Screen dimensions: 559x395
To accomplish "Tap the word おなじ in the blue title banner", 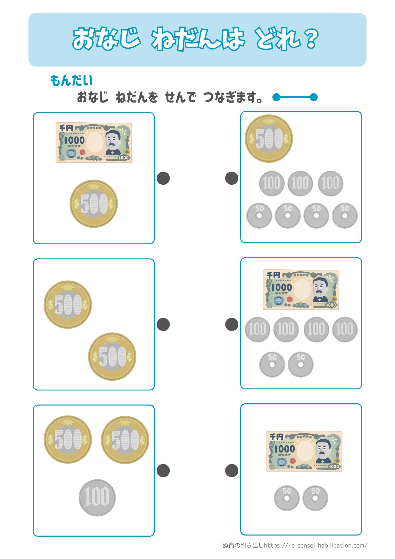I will pos(106,39).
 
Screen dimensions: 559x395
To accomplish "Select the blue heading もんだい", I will pos(71,80).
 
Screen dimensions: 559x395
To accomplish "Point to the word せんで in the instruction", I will pos(180,98).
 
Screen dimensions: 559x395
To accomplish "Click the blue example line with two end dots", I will pos(295,97).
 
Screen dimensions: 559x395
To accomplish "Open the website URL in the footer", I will pos(315,545).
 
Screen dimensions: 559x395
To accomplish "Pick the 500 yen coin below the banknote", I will pos(94,203).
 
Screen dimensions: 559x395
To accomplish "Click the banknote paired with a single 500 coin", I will pos(94,143).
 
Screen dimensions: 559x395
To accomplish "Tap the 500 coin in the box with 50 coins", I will pos(269,139).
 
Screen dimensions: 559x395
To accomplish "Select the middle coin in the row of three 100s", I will pos(300,183).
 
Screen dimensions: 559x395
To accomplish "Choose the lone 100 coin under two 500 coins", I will pos(97,498).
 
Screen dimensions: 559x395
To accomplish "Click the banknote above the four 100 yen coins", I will pos(301,290).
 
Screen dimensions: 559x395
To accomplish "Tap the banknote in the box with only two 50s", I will pos(304,451).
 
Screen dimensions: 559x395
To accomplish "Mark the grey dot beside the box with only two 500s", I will pos(163,324).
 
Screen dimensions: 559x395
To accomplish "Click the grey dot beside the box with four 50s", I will pos(232,178).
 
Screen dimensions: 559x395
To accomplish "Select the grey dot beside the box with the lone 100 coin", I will pos(163,471).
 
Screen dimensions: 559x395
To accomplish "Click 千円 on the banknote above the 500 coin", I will pos(66,128).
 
